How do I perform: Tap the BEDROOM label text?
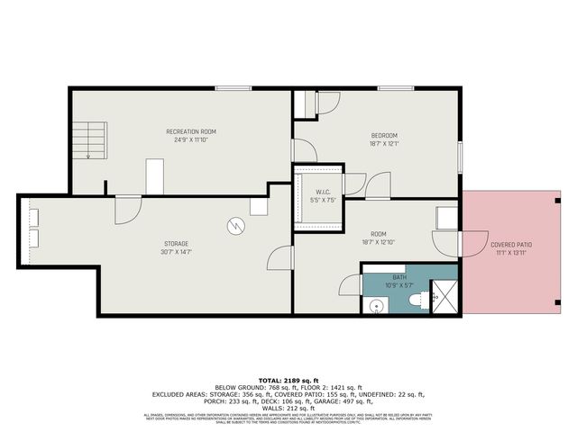pos(383,136)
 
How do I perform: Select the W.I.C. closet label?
pos(324,191)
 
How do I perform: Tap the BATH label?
pos(399,277)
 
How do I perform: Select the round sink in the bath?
pos(375,305)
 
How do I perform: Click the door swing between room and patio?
pos(447,244)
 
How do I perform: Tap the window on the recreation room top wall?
pos(233,87)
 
